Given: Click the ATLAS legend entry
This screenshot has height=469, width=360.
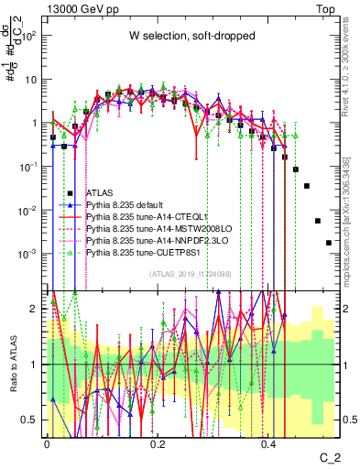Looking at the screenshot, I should (100, 193).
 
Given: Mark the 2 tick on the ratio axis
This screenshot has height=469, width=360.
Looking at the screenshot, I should (38, 309).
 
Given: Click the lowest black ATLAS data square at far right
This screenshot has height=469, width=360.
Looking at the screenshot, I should (328, 243).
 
